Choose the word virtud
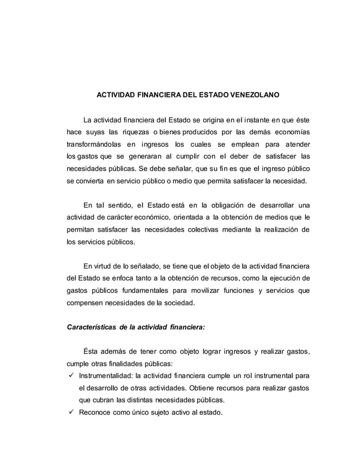(103, 267)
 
